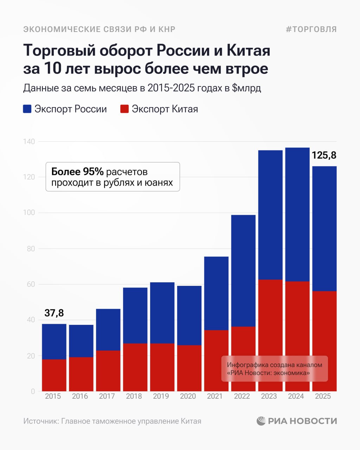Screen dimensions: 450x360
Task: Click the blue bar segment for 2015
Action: pyautogui.click(x=54, y=341)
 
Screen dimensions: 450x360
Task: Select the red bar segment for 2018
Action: pyautogui.click(x=135, y=367)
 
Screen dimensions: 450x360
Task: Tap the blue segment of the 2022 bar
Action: pyautogui.click(x=243, y=271)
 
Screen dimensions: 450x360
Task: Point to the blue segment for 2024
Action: pyautogui.click(x=297, y=214)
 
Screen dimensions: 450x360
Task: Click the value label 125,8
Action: pyautogui.click(x=324, y=155)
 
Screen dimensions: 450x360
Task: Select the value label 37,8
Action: pyautogui.click(x=54, y=313)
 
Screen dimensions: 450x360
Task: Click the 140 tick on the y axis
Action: pyautogui.click(x=29, y=142)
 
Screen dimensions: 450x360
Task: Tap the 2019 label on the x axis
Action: pyautogui.click(x=161, y=396)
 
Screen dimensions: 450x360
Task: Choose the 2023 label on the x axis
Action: pyautogui.click(x=269, y=396)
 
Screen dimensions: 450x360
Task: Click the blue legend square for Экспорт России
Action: pyautogui.click(x=27, y=109)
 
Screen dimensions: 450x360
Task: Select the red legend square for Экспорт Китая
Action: pyautogui.click(x=124, y=109)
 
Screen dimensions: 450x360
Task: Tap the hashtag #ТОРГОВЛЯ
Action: pyautogui.click(x=311, y=29)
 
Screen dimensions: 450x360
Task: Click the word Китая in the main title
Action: pyautogui.click(x=248, y=51)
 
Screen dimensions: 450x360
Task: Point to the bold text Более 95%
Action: pyautogui.click(x=77, y=172)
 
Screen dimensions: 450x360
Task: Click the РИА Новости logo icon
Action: pyautogui.click(x=261, y=421)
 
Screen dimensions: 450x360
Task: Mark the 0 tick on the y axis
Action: pyautogui.click(x=33, y=391)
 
